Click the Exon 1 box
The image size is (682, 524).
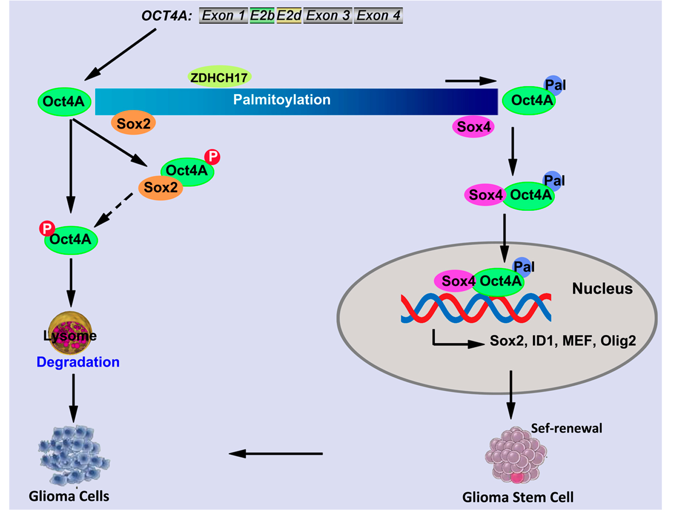coord(223,16)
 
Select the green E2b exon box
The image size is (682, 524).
coord(262,16)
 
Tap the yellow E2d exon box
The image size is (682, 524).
coord(289,16)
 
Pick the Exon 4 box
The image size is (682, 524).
coord(378,16)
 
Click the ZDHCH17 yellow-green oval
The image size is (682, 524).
coord(219,77)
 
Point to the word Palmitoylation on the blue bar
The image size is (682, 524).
coord(282,100)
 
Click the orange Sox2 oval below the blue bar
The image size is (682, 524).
coord(134,124)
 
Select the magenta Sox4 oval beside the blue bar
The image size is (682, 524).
coord(473,127)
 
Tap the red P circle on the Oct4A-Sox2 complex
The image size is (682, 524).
coord(212,156)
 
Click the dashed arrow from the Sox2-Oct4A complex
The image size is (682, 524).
coord(115,209)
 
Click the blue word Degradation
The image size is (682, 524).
coord(78,362)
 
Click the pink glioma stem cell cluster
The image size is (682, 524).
coord(516,455)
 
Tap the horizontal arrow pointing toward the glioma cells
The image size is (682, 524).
coord(276,453)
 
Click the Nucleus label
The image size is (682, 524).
coord(602,289)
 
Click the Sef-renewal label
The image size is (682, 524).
coord(566,428)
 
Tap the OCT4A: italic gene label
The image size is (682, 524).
coord(167,16)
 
